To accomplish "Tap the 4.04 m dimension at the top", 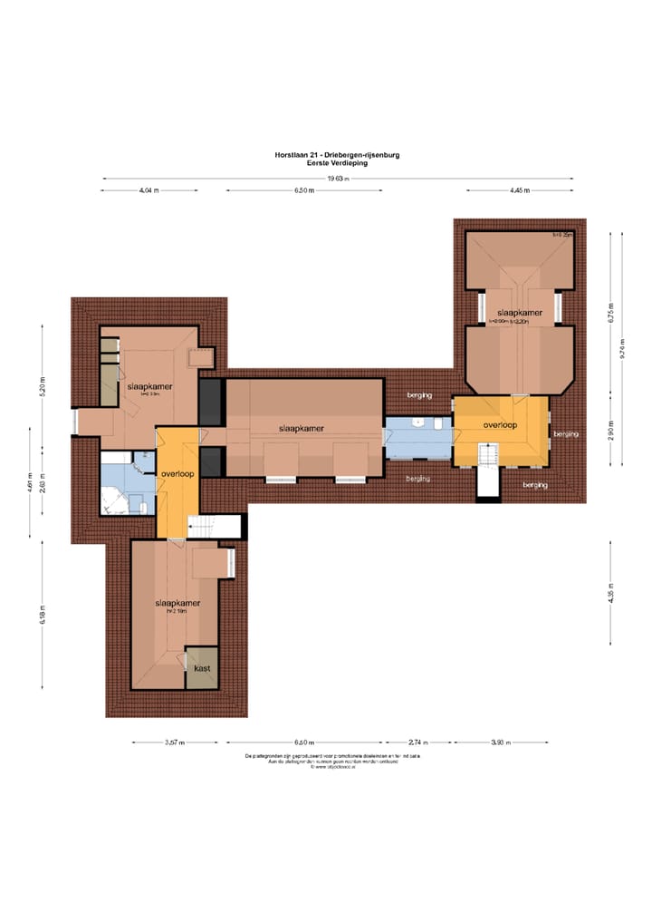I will [149, 191].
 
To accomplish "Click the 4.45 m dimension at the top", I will [519, 191].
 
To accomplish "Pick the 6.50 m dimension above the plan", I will [304, 191].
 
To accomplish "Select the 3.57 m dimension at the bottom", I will [174, 742].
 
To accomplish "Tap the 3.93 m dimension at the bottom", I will [500, 742].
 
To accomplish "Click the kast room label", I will [202, 669].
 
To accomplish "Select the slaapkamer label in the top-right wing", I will [518, 313].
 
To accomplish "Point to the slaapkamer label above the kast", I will [177, 602].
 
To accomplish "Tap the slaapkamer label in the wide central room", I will [302, 429].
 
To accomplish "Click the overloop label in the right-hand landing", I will [500, 424].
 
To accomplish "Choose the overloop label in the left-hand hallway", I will [177, 474].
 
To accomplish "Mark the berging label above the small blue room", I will [417, 395].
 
